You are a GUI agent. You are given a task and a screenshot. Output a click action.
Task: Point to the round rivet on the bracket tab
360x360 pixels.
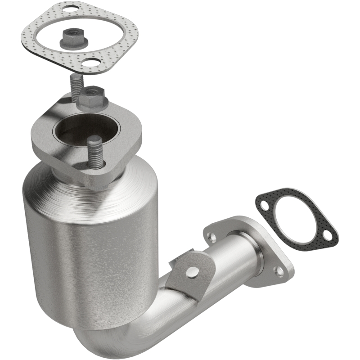(193, 271)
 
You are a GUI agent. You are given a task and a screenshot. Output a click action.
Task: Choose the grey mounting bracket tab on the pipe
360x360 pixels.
(187, 274)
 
